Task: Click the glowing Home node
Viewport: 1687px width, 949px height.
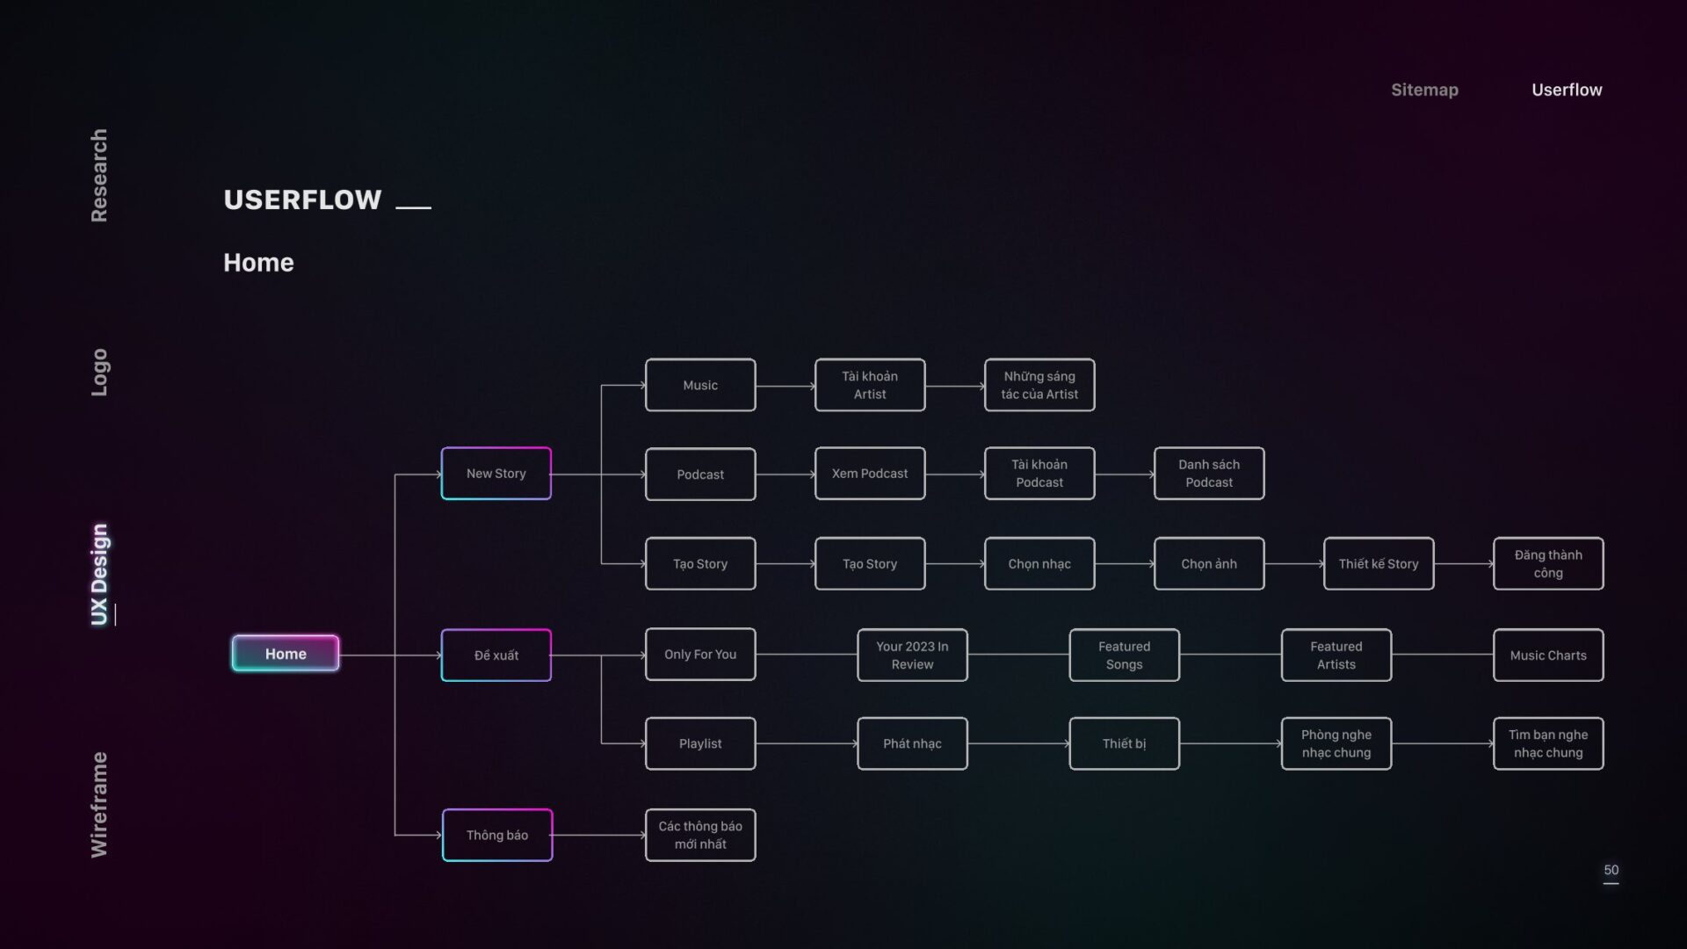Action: [x=286, y=654]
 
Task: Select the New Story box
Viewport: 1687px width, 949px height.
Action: [x=496, y=474]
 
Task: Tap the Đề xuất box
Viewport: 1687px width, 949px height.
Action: [x=496, y=655]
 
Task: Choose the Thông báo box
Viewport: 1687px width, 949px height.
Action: [x=497, y=835]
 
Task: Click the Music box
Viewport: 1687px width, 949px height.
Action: [x=700, y=385]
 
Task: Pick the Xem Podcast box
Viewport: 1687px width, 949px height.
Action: [x=870, y=474]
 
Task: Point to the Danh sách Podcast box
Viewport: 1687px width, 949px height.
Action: [x=1209, y=474]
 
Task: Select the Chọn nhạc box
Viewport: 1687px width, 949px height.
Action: [x=1039, y=563]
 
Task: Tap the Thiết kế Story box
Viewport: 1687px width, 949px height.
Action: [x=1379, y=563]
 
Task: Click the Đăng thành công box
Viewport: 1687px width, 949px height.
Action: [x=1548, y=563]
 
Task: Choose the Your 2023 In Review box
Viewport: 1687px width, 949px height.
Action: [x=912, y=655]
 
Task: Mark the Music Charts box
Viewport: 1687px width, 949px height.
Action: [x=1548, y=655]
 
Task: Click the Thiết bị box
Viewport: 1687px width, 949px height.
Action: [x=1124, y=743]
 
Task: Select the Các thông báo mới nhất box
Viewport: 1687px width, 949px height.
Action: [x=700, y=835]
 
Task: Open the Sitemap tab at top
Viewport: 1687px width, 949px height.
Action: [x=1424, y=90]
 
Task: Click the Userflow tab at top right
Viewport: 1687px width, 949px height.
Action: [x=1567, y=90]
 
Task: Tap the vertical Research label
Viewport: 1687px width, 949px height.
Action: [x=99, y=176]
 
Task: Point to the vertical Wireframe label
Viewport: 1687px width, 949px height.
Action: [x=99, y=805]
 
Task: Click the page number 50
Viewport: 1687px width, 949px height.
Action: [x=1611, y=870]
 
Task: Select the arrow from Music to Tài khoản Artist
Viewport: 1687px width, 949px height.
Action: [x=786, y=386]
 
